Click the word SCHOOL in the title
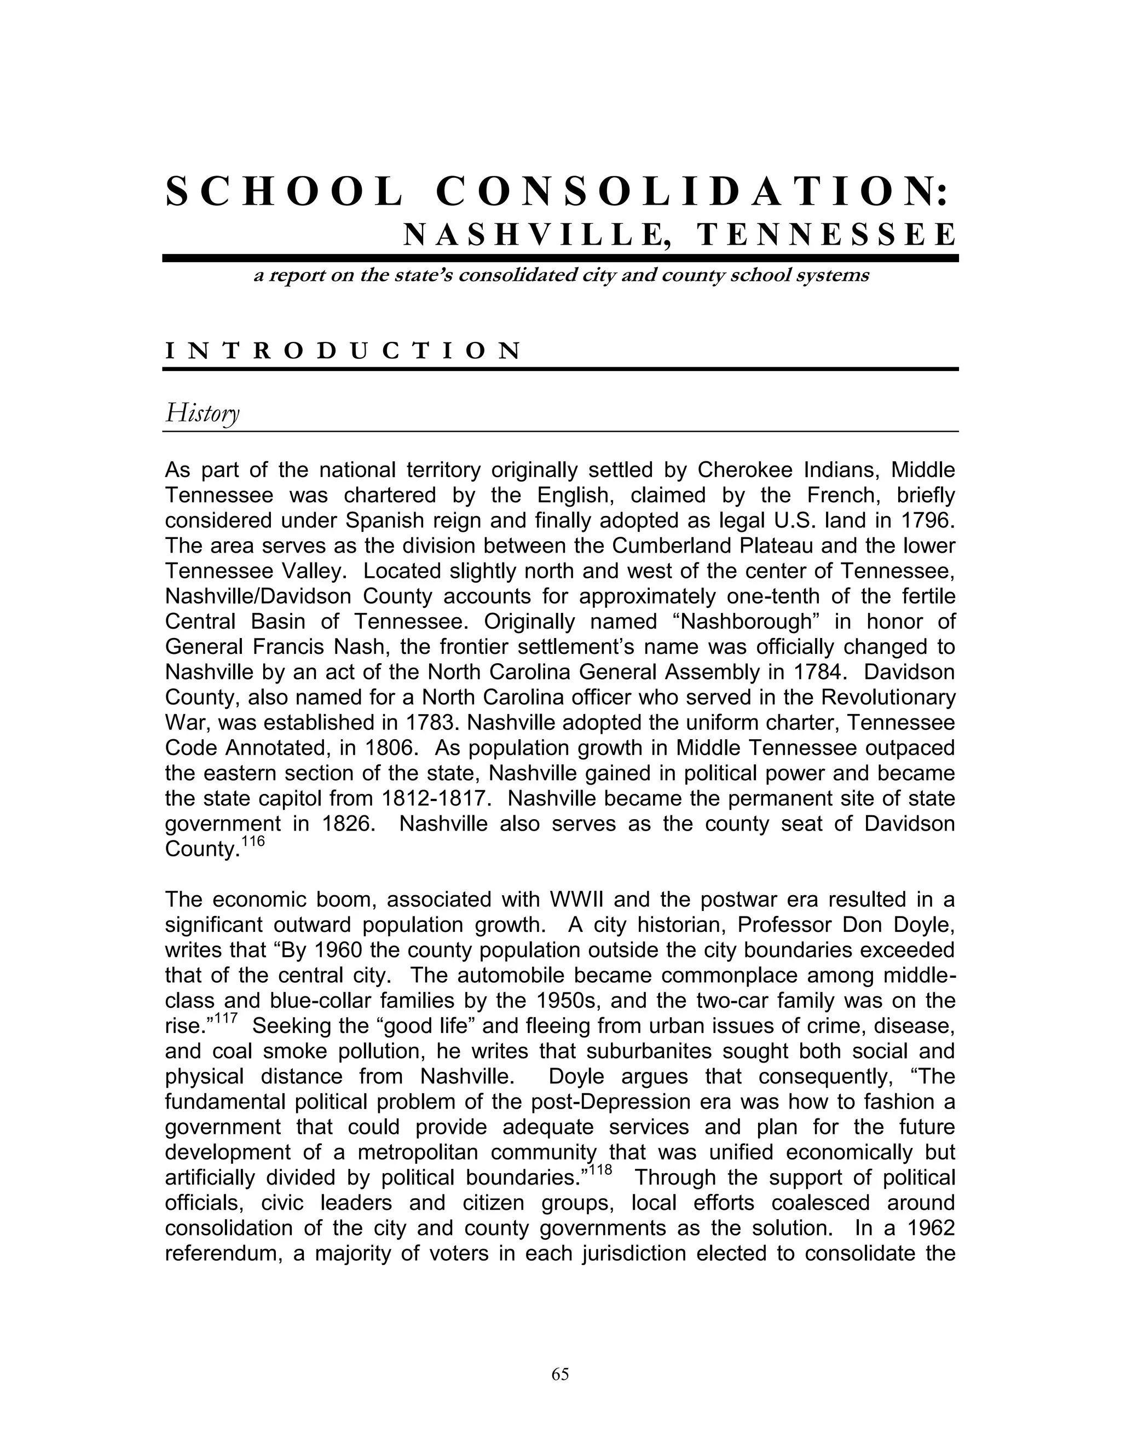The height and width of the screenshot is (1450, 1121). (284, 193)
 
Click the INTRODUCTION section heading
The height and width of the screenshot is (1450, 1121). (343, 351)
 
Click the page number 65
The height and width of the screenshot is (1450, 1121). (560, 1374)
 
